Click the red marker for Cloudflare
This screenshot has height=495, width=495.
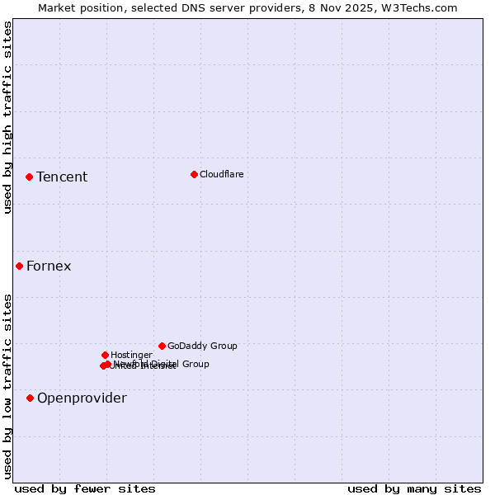pyautogui.click(x=194, y=174)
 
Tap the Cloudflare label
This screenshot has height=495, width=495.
pyautogui.click(x=221, y=174)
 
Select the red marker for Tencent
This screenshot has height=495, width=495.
pyautogui.click(x=29, y=177)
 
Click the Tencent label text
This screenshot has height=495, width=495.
pyautogui.click(x=62, y=177)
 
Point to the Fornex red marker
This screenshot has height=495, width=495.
pyautogui.click(x=19, y=266)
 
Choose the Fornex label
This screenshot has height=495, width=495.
pyautogui.click(x=49, y=266)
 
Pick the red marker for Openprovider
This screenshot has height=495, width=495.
pyautogui.click(x=30, y=398)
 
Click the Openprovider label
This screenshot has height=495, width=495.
pyautogui.click(x=82, y=398)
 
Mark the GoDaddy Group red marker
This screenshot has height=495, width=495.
pyautogui.click(x=162, y=346)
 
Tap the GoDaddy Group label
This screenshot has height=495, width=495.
pyautogui.click(x=201, y=346)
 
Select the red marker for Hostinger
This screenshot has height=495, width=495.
pyautogui.click(x=105, y=355)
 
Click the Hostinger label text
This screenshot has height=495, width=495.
pyautogui.click(x=131, y=355)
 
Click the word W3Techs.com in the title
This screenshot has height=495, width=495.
pyautogui.click(x=419, y=7)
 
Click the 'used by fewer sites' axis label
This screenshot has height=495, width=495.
pyautogui.click(x=85, y=488)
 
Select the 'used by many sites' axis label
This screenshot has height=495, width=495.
pyautogui.click(x=414, y=488)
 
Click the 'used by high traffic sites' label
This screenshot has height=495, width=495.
pyautogui.click(x=7, y=117)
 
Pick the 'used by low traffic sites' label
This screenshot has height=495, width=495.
pyautogui.click(x=7, y=385)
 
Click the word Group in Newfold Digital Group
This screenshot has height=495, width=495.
pyautogui.click(x=195, y=364)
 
